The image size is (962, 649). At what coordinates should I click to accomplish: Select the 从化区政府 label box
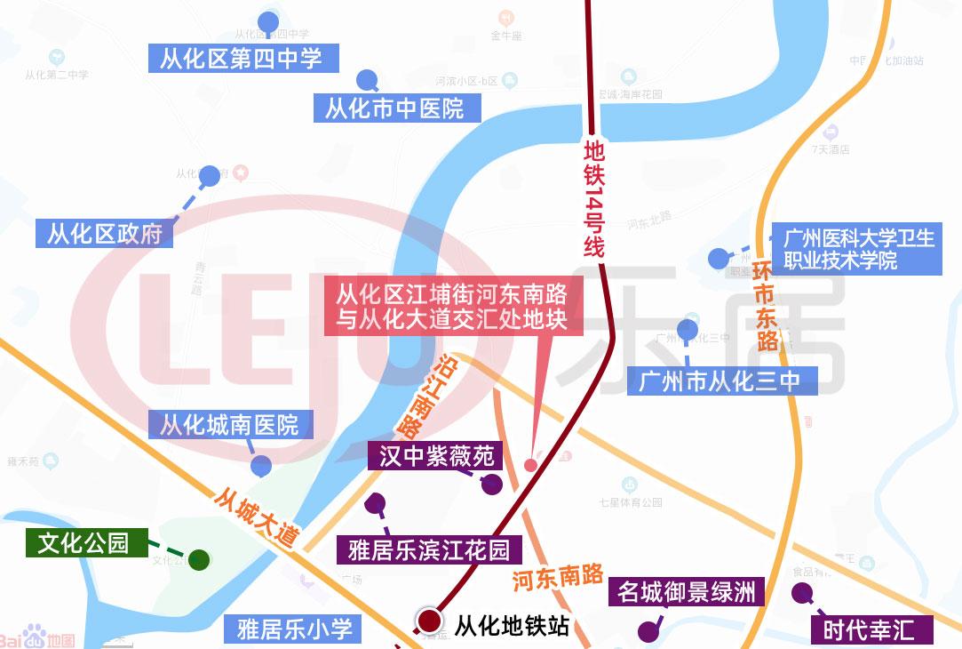pos(105,234)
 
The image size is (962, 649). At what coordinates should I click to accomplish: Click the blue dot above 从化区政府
pos(209,176)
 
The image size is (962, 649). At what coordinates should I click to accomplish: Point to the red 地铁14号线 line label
pos(593,196)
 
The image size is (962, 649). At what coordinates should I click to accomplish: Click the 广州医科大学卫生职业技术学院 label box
pos(857,250)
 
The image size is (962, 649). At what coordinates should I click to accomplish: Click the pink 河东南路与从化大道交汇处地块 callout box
pos(452,306)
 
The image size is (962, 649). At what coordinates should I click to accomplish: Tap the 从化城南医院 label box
pos(229,424)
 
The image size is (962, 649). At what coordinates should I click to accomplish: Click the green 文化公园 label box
pos(86,542)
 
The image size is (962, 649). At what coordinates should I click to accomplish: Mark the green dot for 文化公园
pos(199,560)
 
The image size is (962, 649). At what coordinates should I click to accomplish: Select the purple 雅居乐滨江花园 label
pos(427,548)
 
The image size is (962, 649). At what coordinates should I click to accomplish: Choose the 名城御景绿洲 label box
pos(688,591)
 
